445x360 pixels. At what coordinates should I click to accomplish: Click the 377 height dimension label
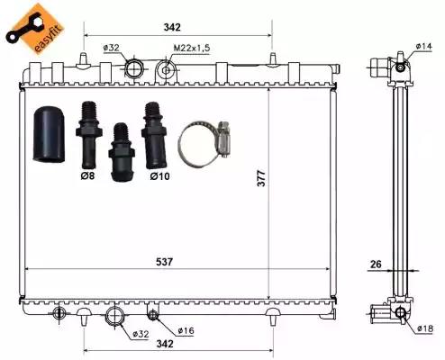(x=261, y=178)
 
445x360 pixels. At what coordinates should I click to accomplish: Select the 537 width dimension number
(x=165, y=262)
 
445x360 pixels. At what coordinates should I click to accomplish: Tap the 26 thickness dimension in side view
(x=376, y=265)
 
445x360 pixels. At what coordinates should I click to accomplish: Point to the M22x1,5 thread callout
(x=192, y=48)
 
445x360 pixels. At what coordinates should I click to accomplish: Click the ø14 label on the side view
(x=423, y=46)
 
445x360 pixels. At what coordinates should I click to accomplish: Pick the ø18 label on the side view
(x=425, y=328)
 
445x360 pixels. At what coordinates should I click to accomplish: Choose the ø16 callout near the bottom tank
(x=186, y=331)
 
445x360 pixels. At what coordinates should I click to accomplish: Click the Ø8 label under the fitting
(x=87, y=175)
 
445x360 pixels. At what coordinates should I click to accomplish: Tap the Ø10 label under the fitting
(x=159, y=176)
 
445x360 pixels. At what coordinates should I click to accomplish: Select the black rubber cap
(x=49, y=134)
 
